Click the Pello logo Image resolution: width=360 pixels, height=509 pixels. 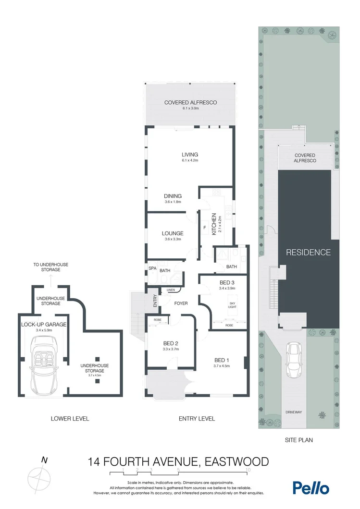tap(311, 487)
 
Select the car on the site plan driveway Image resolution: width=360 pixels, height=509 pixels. tap(294, 361)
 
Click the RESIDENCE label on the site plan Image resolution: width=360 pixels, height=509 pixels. tap(309, 252)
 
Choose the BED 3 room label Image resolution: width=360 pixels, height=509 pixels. tap(227, 282)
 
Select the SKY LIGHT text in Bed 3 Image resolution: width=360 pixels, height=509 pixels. tap(232, 305)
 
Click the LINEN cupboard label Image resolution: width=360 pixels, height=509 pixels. tap(171, 290)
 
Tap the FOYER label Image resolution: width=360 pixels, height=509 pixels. tap(181, 303)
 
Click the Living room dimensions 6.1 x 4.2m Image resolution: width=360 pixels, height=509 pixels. tap(190, 160)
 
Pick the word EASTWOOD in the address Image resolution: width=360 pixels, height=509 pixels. tap(236, 461)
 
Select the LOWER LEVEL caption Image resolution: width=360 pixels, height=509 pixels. tap(70, 419)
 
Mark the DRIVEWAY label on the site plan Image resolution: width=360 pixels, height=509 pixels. tap(293, 412)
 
